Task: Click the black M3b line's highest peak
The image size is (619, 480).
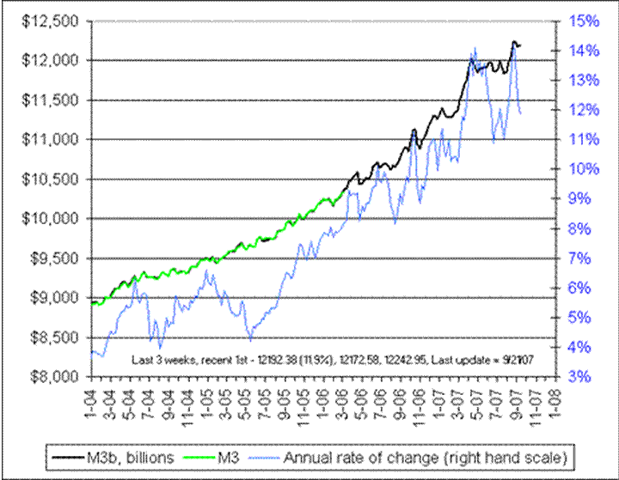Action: (x=514, y=41)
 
